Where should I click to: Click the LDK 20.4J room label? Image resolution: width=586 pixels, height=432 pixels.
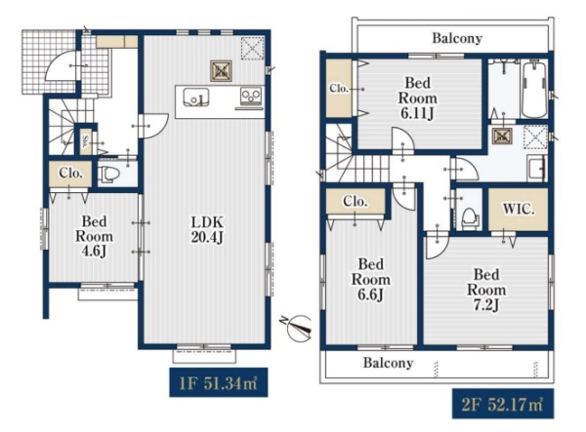click(207, 230)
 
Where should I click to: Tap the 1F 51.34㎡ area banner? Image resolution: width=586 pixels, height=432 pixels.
click(218, 382)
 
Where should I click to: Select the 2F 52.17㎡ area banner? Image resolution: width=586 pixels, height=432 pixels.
click(503, 404)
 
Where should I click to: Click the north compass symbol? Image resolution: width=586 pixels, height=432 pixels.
click(298, 327)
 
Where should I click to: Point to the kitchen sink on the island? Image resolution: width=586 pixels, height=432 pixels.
click(196, 98)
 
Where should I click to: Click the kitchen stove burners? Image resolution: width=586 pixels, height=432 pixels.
click(250, 97)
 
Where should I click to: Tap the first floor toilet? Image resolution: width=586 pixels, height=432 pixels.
click(108, 175)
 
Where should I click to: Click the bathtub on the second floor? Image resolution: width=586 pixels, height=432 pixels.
click(534, 90)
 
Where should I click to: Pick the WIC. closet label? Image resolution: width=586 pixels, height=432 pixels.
click(519, 210)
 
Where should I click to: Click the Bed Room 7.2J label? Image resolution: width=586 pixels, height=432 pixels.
click(486, 290)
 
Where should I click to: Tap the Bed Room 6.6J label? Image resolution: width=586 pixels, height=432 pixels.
click(371, 280)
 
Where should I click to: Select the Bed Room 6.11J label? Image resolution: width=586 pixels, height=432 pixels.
click(417, 98)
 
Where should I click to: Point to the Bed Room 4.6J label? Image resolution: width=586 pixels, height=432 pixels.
click(94, 236)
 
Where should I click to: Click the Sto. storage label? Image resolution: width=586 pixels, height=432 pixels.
click(85, 141)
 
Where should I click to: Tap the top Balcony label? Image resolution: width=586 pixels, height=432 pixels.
click(457, 38)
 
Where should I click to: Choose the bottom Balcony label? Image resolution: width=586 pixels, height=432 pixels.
click(389, 363)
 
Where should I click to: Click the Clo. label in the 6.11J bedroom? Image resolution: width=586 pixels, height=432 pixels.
click(339, 89)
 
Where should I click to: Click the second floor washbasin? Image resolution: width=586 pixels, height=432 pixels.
click(536, 168)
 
